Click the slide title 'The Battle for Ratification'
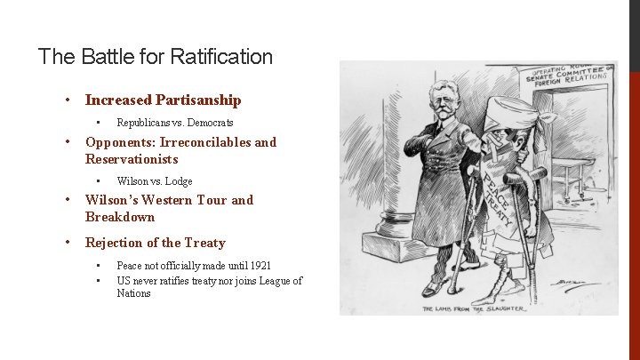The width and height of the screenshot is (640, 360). click(156, 58)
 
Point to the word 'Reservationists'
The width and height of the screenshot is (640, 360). click(132, 160)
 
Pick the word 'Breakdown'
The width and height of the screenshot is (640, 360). click(120, 218)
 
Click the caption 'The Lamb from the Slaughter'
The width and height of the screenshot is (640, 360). click(475, 308)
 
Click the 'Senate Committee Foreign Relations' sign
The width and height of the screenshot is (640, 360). click(566, 77)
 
